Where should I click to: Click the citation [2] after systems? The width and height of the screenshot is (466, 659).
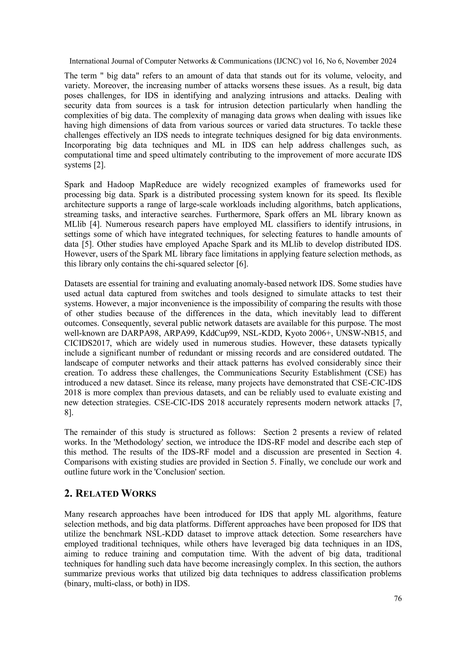pos(100,165)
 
